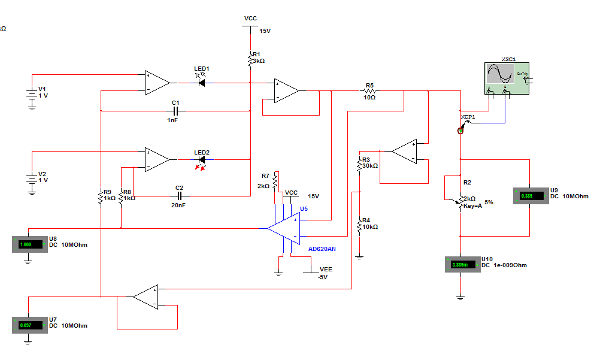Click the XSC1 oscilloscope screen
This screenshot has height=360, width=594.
[500, 74]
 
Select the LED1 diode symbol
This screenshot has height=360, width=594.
[202, 83]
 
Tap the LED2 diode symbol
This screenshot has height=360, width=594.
[202, 160]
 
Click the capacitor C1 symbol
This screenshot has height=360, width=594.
[176, 111]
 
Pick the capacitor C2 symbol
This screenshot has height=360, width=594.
[179, 196]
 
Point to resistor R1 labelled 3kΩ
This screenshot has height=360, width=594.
[251, 59]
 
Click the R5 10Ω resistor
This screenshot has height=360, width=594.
[369, 91]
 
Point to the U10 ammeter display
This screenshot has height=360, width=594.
[462, 265]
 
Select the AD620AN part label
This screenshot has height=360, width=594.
[323, 249]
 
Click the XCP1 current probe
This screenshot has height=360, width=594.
[461, 129]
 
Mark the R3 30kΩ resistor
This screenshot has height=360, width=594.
[359, 163]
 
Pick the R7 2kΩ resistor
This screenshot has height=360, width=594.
[275, 180]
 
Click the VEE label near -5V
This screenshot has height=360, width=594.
[326, 270]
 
